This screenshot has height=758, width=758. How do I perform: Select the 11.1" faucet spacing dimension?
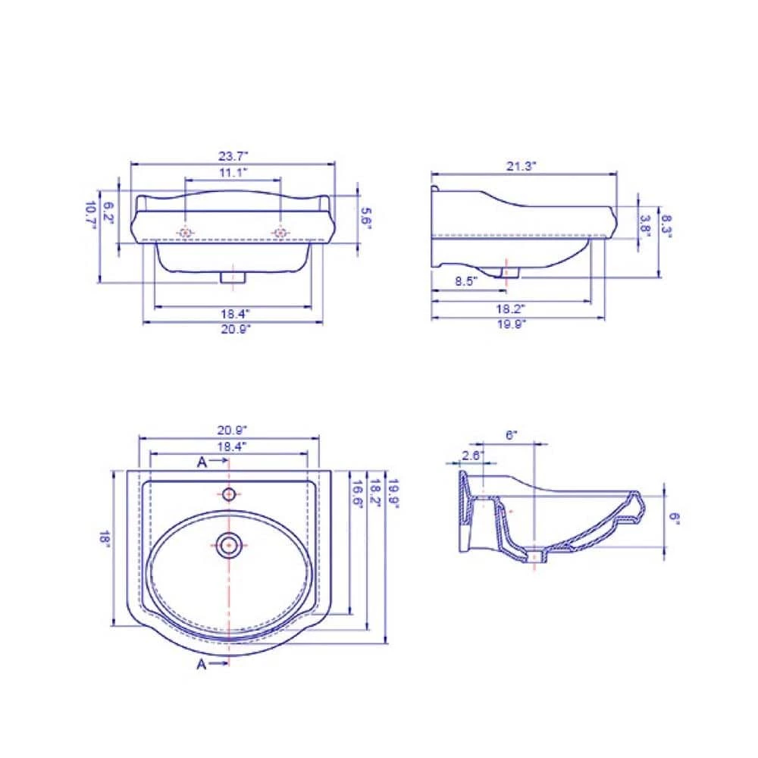tap(233, 174)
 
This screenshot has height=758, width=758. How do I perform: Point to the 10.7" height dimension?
tap(91, 215)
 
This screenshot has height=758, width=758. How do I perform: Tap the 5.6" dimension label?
tap(366, 218)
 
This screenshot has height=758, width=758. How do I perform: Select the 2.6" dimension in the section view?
tap(470, 455)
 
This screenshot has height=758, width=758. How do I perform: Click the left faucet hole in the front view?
tap(186, 232)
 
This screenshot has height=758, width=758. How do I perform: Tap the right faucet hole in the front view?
tap(280, 232)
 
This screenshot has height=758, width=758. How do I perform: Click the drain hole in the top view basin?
tap(228, 543)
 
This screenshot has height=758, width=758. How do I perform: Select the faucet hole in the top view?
tap(228, 494)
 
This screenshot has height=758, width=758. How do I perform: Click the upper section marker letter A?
tap(202, 461)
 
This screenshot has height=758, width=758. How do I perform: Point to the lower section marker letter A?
tap(202, 664)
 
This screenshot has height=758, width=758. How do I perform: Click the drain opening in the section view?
tap(537, 557)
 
